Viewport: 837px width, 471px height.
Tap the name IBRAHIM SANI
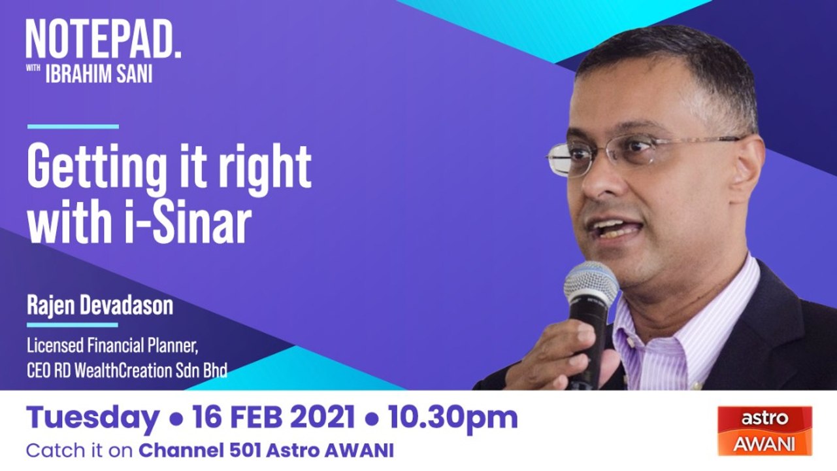point(99,75)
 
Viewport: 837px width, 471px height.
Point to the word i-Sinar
point(187,222)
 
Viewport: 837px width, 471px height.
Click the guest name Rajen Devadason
point(100,305)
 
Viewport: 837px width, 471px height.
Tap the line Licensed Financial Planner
point(112,347)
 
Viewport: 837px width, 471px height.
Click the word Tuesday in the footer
point(93,418)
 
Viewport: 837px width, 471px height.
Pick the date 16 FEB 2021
point(272,417)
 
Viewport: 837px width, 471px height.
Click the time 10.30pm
point(453,418)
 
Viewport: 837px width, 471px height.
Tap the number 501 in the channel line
point(245,451)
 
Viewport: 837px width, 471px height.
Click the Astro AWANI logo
point(764,430)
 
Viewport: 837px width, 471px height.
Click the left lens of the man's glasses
point(561,160)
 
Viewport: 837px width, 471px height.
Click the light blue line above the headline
point(73,126)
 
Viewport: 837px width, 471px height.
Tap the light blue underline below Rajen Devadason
point(73,324)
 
